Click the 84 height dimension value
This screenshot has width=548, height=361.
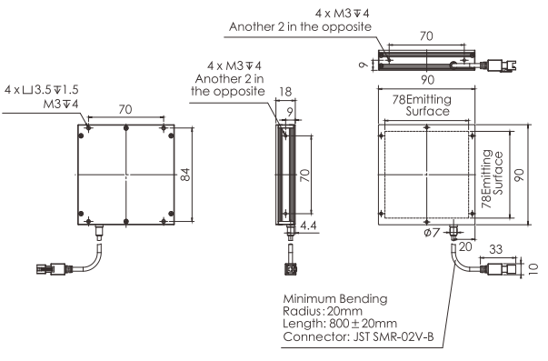click(186, 175)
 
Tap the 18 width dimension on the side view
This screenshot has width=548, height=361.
click(285, 92)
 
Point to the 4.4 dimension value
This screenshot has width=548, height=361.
click(308, 226)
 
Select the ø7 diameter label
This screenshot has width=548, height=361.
click(431, 232)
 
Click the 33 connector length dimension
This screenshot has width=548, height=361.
click(495, 249)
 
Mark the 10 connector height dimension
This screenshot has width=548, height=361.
click(533, 268)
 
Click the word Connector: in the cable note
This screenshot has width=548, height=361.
click(316, 336)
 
